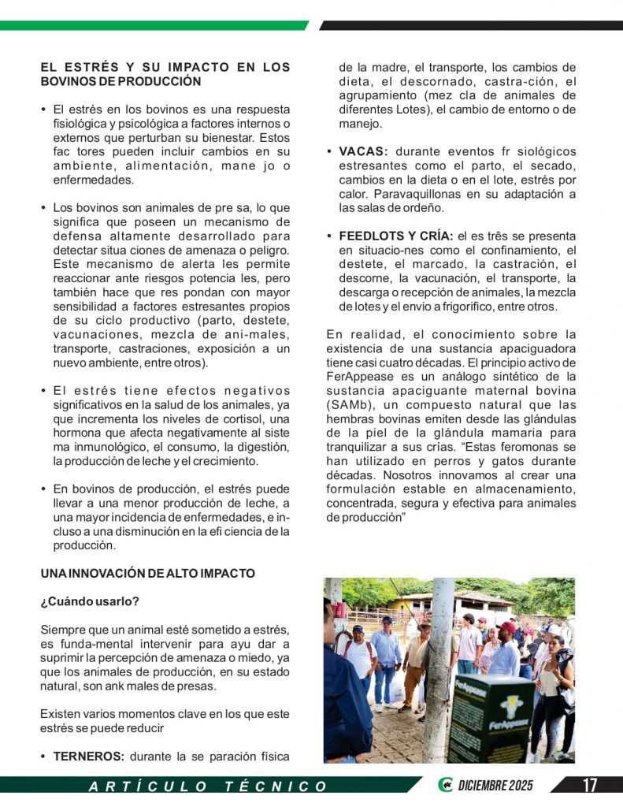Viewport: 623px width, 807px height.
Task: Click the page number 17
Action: [x=589, y=785]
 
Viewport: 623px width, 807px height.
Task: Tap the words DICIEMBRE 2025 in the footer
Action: [x=495, y=785]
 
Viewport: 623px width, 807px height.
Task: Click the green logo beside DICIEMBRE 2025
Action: [x=445, y=785]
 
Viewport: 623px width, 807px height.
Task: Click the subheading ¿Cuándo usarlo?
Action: [x=90, y=602]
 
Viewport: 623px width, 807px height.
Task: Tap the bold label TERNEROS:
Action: [x=88, y=757]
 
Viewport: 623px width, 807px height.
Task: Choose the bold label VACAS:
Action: [x=363, y=151]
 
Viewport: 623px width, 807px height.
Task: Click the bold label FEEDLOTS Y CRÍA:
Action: [x=395, y=236]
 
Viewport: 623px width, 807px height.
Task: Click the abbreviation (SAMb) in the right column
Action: [x=345, y=404]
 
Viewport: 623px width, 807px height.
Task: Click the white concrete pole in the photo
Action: [x=438, y=670]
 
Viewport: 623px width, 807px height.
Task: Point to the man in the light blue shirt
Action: [x=386, y=654]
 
